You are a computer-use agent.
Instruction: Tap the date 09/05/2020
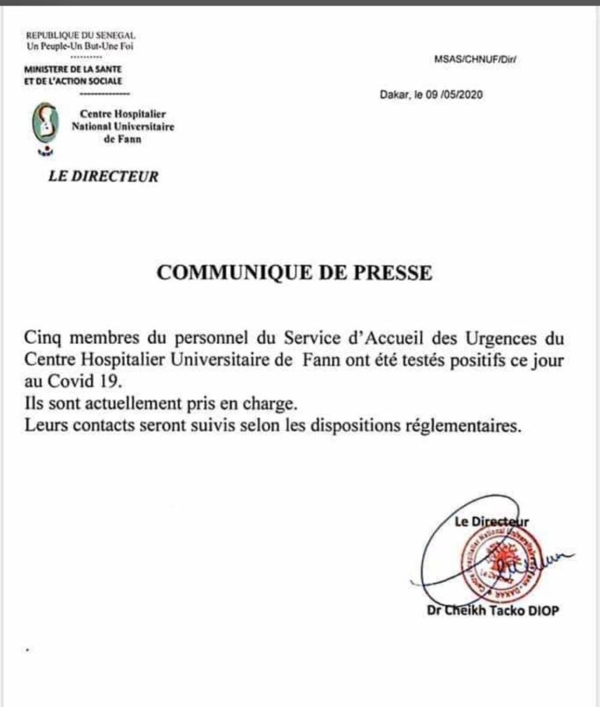(459, 96)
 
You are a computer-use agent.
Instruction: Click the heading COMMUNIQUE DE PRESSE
(294, 273)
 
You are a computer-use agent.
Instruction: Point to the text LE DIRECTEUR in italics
(103, 177)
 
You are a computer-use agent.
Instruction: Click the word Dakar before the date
(394, 96)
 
